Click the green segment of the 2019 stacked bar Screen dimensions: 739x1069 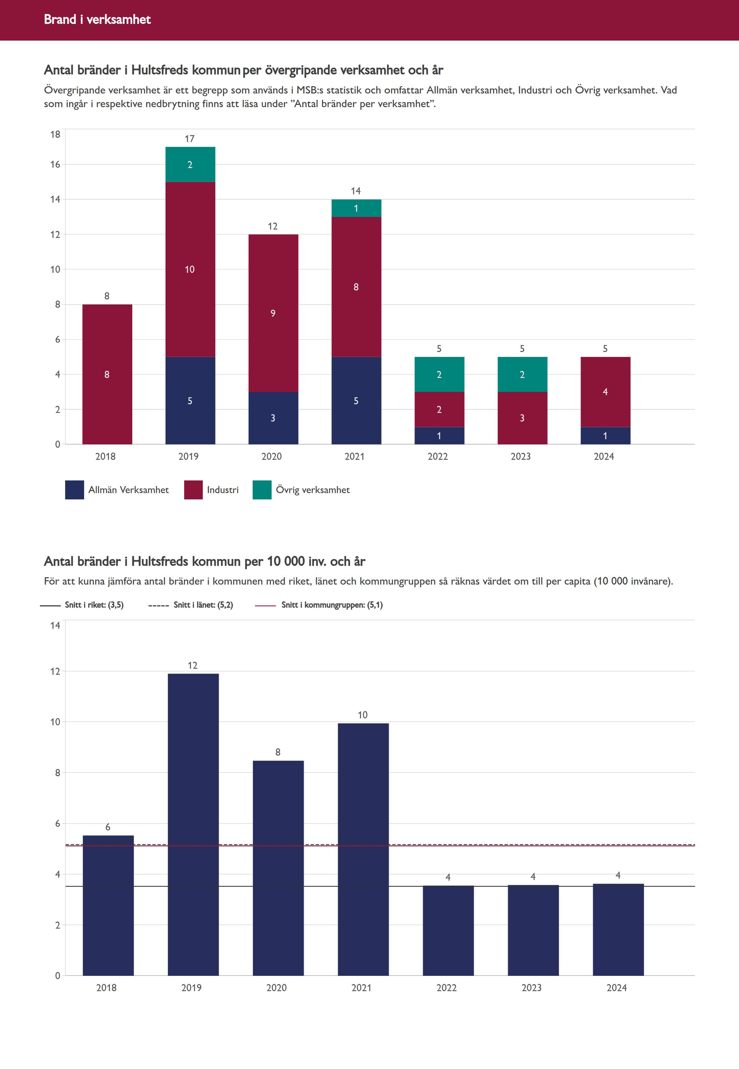tap(190, 164)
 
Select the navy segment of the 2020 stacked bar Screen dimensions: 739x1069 tap(273, 418)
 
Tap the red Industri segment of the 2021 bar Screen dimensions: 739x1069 tap(356, 287)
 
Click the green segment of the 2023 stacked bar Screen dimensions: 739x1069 tap(522, 374)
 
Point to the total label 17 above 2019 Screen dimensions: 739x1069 tap(190, 138)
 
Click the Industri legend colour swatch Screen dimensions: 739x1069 tap(193, 490)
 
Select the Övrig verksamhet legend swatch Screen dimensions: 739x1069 tap(262, 490)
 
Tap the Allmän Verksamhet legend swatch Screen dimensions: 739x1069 tap(74, 490)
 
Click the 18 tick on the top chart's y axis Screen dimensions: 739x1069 tap(55, 134)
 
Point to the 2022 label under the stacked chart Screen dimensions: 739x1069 tap(437, 456)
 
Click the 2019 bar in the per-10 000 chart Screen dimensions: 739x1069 tap(193, 825)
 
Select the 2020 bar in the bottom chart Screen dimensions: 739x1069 tap(278, 868)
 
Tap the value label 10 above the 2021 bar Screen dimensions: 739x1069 tap(363, 715)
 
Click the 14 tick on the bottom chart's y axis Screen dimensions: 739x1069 tap(55, 625)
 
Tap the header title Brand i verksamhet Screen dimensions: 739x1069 tap(97, 19)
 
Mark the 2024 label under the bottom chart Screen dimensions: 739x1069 tap(617, 988)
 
